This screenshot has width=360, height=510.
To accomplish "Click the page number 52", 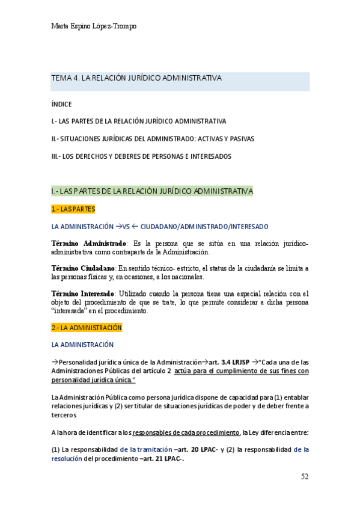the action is coord(304,476).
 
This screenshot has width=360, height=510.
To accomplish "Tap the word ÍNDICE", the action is coord(62,103).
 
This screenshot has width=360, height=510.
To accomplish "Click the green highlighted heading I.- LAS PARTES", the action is coord(152,191).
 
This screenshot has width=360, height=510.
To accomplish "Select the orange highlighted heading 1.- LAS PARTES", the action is coord(73,209).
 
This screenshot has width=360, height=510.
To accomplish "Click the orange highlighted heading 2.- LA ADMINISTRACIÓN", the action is coord(87,328).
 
